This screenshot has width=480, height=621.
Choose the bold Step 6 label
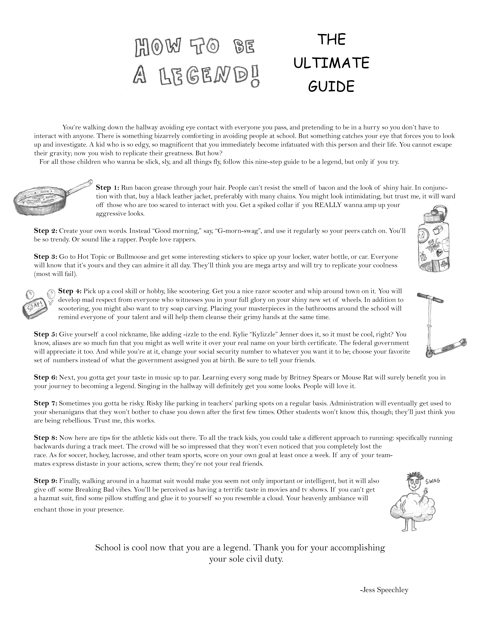click(x=45, y=377)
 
